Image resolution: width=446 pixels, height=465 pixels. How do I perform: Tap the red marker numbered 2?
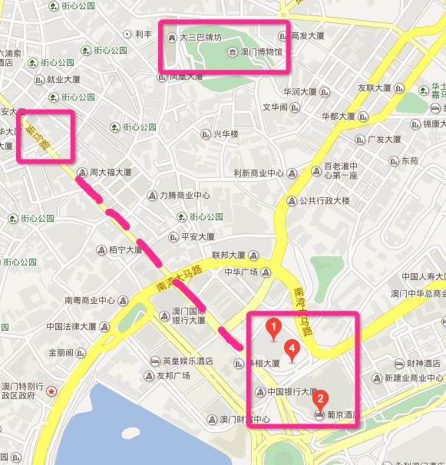pos(322,399)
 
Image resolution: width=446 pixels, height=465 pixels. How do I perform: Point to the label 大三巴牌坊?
pos(200,36)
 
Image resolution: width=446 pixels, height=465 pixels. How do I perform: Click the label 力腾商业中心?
pos(184,195)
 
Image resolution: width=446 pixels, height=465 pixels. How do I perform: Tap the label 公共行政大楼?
pos(324,201)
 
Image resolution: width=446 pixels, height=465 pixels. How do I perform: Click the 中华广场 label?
pos(240,272)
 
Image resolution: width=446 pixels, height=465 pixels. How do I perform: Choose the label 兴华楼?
pos(226,134)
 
